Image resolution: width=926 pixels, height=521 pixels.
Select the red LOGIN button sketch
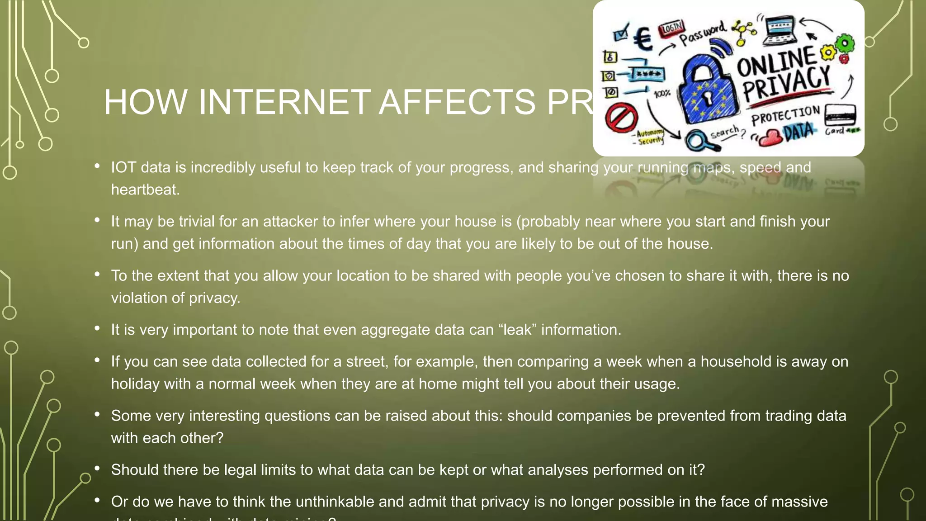tap(671, 28)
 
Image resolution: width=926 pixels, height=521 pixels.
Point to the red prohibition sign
tap(621, 118)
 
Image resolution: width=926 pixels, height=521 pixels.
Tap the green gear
tap(845, 44)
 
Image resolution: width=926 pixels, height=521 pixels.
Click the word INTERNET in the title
tap(284, 102)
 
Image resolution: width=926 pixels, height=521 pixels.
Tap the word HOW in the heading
tap(145, 102)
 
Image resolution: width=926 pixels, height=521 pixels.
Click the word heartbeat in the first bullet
tap(145, 189)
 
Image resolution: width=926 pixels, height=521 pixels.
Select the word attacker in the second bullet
tap(290, 221)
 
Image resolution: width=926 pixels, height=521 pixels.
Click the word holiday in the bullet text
tap(135, 384)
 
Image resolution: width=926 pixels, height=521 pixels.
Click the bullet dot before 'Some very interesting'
tap(97, 414)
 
